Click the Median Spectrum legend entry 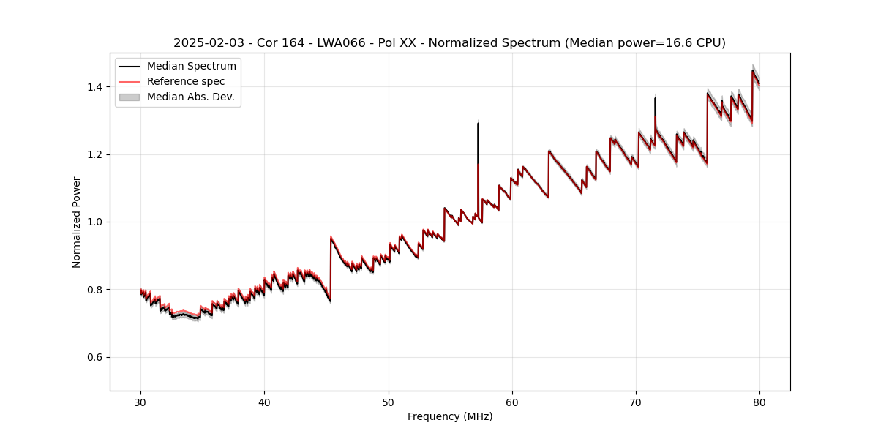[191, 67]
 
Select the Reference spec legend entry [186, 81]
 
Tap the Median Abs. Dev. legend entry [190, 97]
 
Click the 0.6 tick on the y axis [95, 357]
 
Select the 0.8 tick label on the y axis [95, 290]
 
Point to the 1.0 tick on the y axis [95, 222]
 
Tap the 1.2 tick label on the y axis [95, 154]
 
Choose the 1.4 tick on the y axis [95, 87]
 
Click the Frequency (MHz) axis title [450, 416]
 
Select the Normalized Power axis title [77, 222]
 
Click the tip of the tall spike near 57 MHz [478, 123]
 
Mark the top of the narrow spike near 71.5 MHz [655, 98]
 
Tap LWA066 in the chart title [340, 43]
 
